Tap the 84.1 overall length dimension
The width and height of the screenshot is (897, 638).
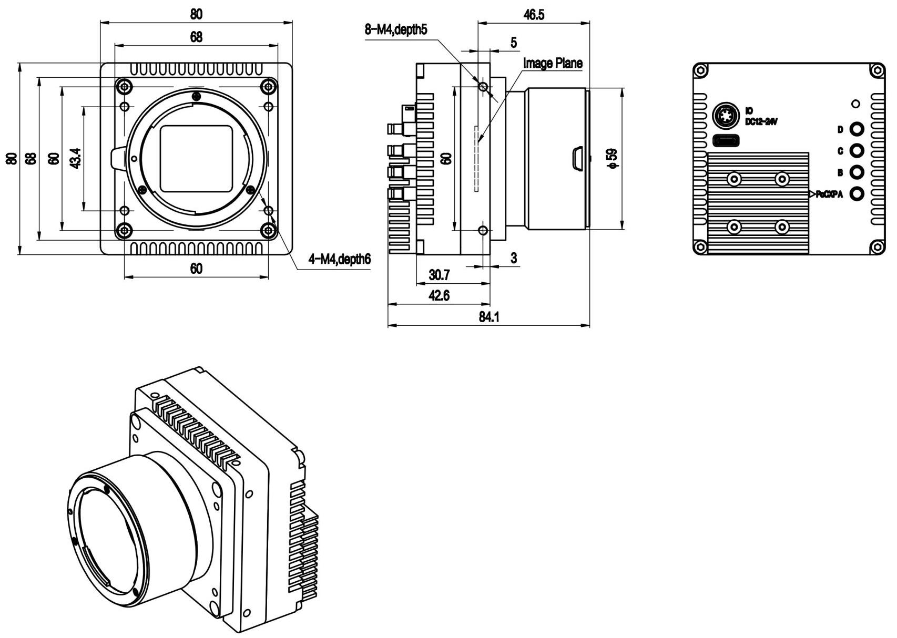[x=489, y=317]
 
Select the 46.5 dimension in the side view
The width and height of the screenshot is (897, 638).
[x=533, y=14]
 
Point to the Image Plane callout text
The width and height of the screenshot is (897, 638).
[x=553, y=63]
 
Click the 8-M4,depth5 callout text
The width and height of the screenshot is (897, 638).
[x=396, y=29]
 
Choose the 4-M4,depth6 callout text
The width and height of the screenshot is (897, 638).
[x=340, y=259]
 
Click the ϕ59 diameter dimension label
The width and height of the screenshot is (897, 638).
[x=611, y=158]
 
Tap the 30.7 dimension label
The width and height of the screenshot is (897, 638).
[x=439, y=275]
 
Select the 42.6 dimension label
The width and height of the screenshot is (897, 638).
[x=439, y=296]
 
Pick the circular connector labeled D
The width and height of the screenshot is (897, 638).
[x=857, y=129]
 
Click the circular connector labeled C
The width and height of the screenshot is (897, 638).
[x=857, y=151]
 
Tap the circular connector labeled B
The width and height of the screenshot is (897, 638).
[x=857, y=172]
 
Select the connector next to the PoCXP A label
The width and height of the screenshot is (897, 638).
[x=857, y=194]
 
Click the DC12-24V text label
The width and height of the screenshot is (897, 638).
[x=761, y=121]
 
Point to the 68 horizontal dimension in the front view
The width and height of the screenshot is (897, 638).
[x=196, y=37]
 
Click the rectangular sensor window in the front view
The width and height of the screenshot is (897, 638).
[x=196, y=159]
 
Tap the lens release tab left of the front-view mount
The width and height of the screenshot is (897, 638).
[x=118, y=158]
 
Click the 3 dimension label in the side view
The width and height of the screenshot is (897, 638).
[x=513, y=258]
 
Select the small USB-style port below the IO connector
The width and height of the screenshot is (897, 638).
[x=726, y=141]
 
